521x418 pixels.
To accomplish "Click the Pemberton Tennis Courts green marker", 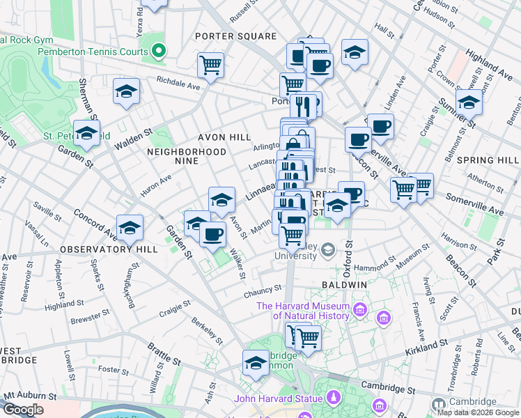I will pyautogui.click(x=159, y=51).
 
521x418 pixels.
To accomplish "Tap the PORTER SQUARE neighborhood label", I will pyautogui.click(x=236, y=36).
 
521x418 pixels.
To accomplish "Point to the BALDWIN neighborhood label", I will pyautogui.click(x=344, y=286).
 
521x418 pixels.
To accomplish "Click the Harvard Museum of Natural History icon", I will pyautogui.click(x=360, y=309).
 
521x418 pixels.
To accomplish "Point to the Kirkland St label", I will pyautogui.click(x=426, y=345).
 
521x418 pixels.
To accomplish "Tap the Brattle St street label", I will pyautogui.click(x=165, y=355).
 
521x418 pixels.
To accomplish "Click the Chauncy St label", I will pyautogui.click(x=262, y=295).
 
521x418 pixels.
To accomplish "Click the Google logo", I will pyautogui.click(x=23, y=410).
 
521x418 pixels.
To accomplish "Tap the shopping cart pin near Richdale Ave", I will pyautogui.click(x=210, y=65).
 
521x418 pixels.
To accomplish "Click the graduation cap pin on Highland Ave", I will pyautogui.click(x=469, y=102).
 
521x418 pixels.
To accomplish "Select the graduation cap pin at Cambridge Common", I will pyautogui.click(x=256, y=363).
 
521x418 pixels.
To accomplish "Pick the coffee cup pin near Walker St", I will pyautogui.click(x=212, y=233).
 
